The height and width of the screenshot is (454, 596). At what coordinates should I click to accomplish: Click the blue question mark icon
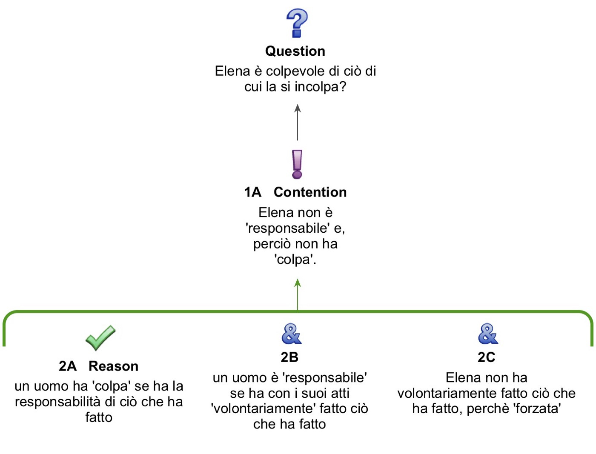297,23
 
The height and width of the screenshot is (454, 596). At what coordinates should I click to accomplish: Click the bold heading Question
295,51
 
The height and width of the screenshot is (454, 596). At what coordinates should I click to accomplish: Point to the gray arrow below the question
298,122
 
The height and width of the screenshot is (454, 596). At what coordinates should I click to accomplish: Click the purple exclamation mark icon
297,164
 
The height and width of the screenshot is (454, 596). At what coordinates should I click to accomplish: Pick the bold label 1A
253,192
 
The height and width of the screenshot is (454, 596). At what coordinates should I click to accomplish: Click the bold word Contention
310,192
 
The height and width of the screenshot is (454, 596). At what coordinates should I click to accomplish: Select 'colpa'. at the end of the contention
295,260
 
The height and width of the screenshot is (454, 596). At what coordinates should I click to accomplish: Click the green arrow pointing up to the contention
298,294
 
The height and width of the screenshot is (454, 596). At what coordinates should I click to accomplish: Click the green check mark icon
100,338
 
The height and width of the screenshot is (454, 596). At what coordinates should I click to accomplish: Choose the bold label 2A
68,366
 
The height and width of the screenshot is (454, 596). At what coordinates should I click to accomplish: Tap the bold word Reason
114,366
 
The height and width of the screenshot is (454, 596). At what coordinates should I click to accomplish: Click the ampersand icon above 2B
292,334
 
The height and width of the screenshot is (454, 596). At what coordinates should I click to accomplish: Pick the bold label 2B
289,357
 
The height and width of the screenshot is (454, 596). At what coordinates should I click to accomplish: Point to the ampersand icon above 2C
488,334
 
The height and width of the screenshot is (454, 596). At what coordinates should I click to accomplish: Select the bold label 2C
487,357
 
